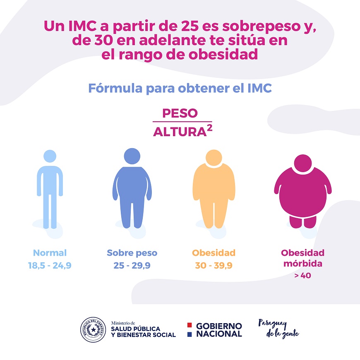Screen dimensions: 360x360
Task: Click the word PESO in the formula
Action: click(180, 113)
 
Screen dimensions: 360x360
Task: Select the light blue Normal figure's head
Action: click(50, 156)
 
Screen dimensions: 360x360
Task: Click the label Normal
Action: click(50, 253)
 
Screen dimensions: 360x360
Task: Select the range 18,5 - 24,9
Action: click(50, 266)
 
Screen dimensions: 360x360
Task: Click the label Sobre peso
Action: click(132, 253)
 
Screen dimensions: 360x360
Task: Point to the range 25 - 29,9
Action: click(132, 266)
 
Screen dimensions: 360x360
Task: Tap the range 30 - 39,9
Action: click(214, 266)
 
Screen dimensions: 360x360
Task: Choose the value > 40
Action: click(302, 276)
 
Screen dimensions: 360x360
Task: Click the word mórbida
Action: click(302, 264)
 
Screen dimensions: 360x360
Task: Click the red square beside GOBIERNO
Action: click(190, 325)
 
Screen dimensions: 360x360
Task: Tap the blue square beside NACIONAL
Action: click(190, 334)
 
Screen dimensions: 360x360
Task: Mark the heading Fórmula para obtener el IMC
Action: click(180, 88)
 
